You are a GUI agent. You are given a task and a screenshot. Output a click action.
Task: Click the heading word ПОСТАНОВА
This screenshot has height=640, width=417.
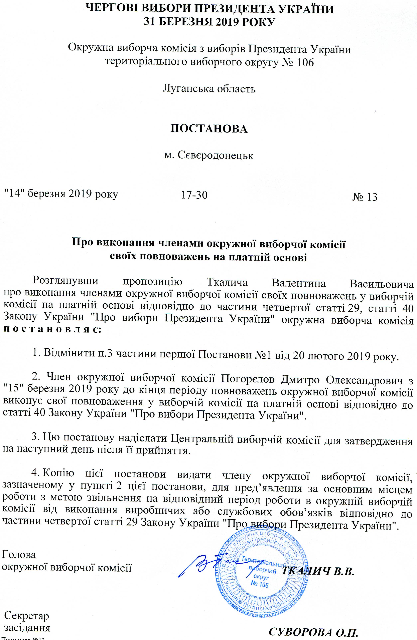(209, 129)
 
